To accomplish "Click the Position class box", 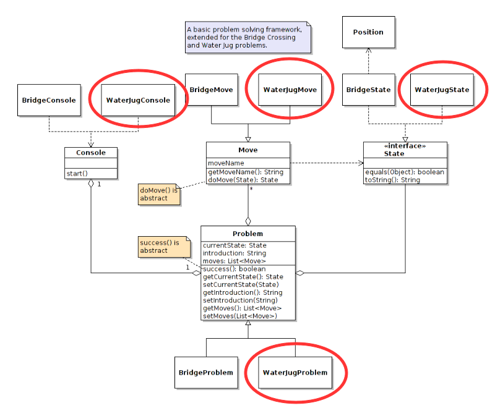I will click(368, 32).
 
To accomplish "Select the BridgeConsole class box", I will click(49, 100).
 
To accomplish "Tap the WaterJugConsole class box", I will click(138, 100).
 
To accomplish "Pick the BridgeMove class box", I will click(212, 90).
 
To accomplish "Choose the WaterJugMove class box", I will click(290, 90).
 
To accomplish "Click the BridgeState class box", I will click(368, 90).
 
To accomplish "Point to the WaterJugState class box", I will click(442, 90).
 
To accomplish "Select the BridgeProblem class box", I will click(206, 372).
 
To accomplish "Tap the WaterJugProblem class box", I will click(295, 372).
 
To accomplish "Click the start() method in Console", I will click(77, 173).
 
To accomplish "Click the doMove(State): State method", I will click(243, 180).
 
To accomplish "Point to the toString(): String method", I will click(392, 180).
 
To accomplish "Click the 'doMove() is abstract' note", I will click(158, 194).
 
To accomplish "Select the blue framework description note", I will click(248, 37).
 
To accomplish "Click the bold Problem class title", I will click(247, 234).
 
